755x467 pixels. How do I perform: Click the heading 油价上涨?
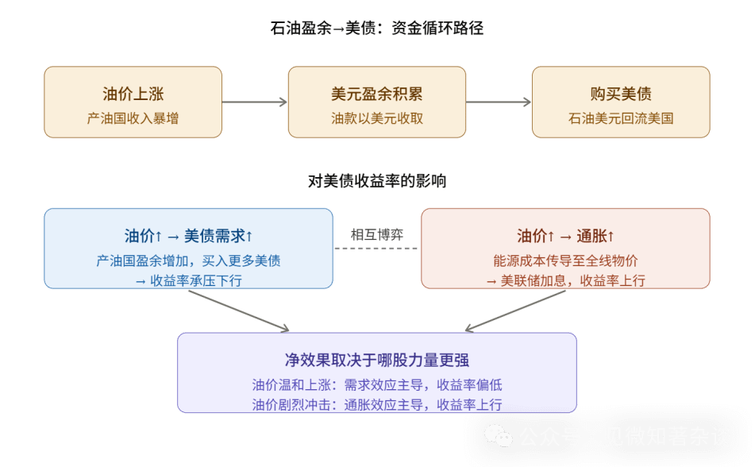pyautogui.click(x=133, y=94)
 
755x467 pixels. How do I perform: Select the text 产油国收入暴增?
pyautogui.click(x=133, y=118)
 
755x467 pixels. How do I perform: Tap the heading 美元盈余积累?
pyautogui.click(x=376, y=94)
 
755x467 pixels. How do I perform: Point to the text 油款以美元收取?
pyautogui.click(x=376, y=118)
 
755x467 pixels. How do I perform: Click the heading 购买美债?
pyautogui.click(x=621, y=94)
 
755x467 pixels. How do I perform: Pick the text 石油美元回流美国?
pyautogui.click(x=621, y=118)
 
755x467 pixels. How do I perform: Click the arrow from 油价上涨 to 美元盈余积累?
pyautogui.click(x=255, y=102)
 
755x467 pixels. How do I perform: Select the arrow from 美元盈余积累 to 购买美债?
pyautogui.click(x=499, y=102)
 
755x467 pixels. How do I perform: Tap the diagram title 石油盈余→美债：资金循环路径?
pyautogui.click(x=377, y=29)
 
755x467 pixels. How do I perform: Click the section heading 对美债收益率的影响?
pyautogui.click(x=377, y=181)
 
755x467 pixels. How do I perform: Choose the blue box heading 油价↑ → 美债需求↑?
pyautogui.click(x=188, y=236)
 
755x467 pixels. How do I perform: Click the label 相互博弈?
pyautogui.click(x=377, y=234)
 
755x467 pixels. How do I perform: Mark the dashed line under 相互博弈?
pyautogui.click(x=376, y=249)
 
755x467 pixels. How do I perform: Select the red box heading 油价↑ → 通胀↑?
pyautogui.click(x=565, y=236)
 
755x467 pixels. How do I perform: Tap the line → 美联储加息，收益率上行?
pyautogui.click(x=565, y=280)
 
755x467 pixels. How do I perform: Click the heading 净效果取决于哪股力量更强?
pyautogui.click(x=377, y=360)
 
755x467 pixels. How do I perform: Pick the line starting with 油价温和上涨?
pyautogui.click(x=377, y=385)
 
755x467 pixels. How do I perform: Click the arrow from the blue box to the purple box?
pyautogui.click(x=238, y=311)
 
